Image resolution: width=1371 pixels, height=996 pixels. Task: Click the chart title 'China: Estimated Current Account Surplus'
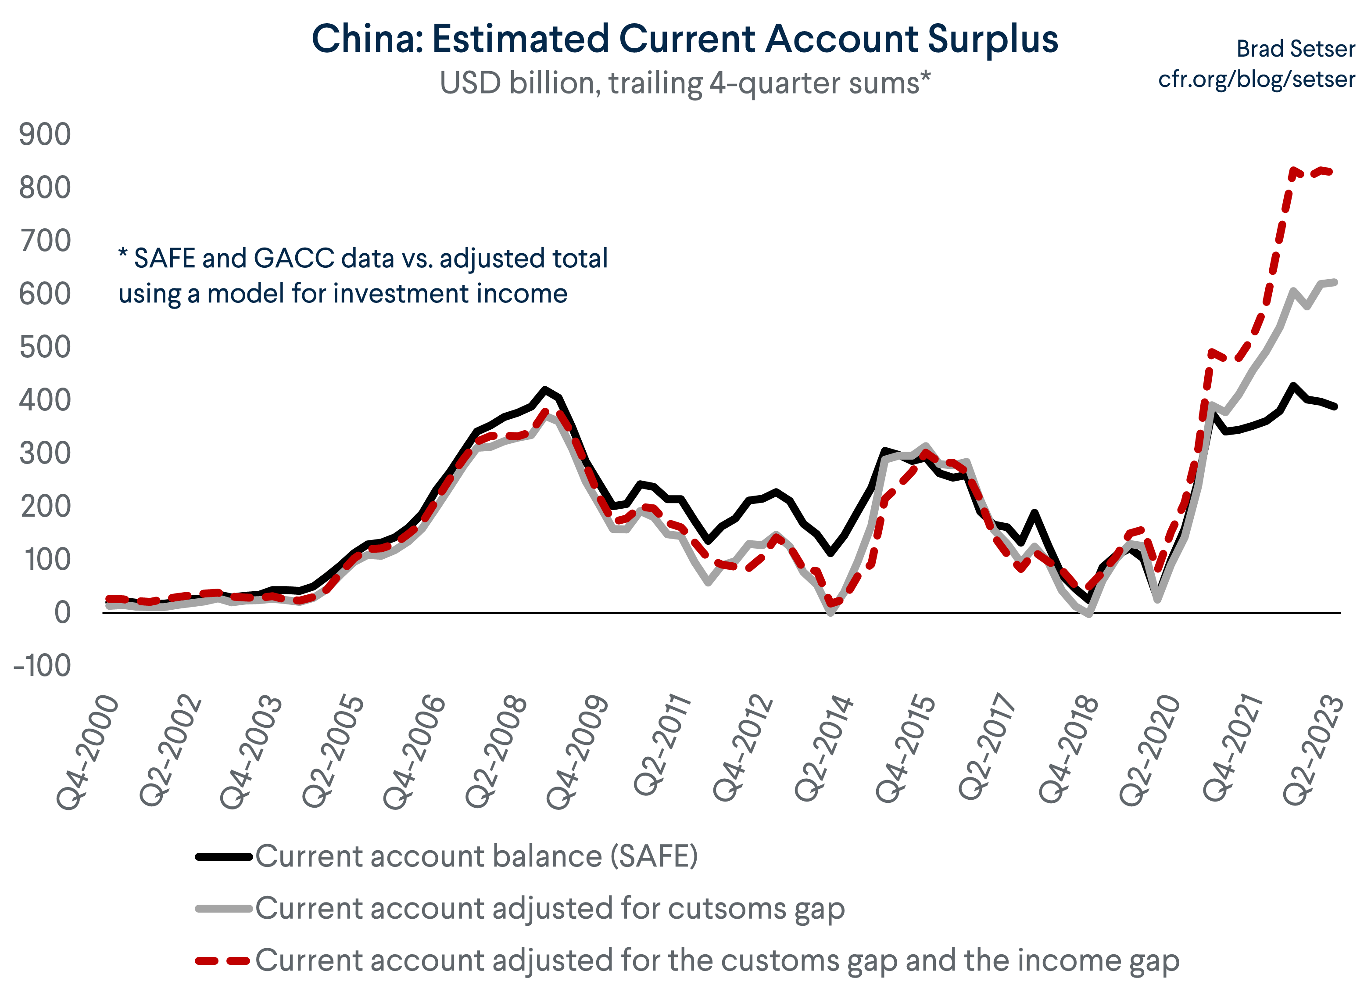click(x=684, y=39)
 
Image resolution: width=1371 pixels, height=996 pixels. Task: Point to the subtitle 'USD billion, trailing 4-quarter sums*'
click(x=684, y=83)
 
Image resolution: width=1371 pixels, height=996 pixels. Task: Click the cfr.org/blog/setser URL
click(x=1256, y=79)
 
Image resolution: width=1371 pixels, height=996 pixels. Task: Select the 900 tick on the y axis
click(x=45, y=134)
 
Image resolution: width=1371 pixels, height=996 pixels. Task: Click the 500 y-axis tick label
click(x=45, y=347)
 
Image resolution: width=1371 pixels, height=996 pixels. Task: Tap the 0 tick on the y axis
click(x=62, y=613)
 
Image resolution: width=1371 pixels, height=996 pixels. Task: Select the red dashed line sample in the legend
click(x=222, y=960)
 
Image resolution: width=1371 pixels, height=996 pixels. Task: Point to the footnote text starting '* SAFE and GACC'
click(x=363, y=276)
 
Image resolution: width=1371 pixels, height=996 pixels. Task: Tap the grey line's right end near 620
click(x=1335, y=282)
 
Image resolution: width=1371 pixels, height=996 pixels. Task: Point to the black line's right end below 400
click(x=1335, y=407)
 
